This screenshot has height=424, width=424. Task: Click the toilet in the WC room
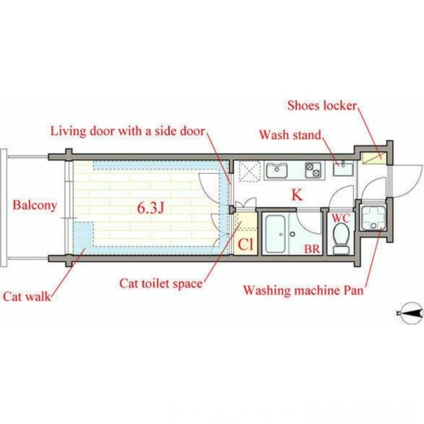tap(341, 239)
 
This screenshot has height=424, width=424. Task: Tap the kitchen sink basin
tap(276, 170)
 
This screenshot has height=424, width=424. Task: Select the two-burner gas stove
tap(313, 170)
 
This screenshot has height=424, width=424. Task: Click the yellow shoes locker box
tap(373, 158)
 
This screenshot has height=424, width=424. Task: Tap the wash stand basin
tap(343, 168)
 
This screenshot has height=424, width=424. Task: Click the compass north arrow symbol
tap(411, 313)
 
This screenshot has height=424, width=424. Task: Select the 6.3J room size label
tap(151, 208)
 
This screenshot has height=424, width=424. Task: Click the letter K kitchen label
tap(297, 195)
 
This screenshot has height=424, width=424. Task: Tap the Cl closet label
tap(246, 244)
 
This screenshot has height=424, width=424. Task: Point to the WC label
tap(341, 217)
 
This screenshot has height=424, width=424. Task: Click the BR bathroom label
tap(312, 249)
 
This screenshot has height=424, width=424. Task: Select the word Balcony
tap(35, 205)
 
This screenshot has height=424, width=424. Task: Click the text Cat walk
tap(27, 296)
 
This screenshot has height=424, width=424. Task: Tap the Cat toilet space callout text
tap(161, 284)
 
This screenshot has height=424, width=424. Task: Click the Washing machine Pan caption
tap(303, 290)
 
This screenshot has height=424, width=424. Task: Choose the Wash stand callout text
tap(290, 135)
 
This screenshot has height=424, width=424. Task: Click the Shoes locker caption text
tap(322, 105)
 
